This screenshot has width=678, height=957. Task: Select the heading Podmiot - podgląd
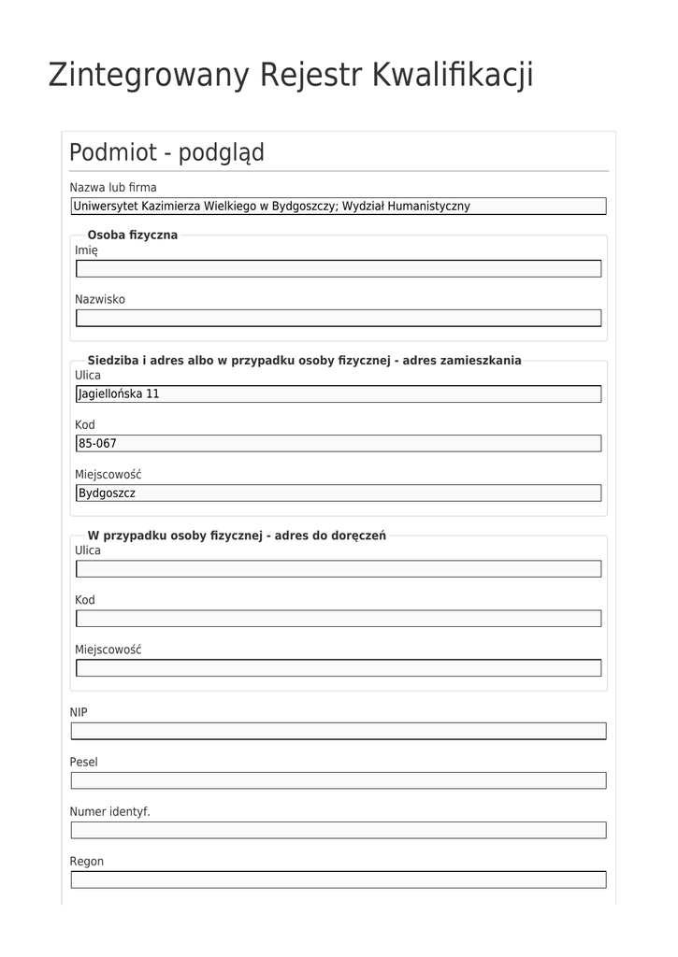166,152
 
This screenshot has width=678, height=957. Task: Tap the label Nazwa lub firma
113,187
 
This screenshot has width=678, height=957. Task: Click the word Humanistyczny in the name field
428,207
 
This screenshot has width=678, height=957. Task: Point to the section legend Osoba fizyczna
132,235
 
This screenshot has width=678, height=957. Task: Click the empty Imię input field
338,269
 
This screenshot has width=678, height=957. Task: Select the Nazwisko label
100,299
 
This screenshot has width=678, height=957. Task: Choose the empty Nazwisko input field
338,318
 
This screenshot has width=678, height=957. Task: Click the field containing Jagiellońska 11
338,393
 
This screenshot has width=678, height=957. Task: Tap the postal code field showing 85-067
338,443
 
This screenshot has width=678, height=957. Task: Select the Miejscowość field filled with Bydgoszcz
338,493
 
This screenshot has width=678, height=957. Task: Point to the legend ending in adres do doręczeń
236,536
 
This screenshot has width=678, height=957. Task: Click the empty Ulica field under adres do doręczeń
338,568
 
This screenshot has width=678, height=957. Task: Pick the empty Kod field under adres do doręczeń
338,618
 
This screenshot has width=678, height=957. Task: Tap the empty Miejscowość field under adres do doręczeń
338,667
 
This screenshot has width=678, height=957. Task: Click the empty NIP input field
338,731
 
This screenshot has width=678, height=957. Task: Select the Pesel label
83,762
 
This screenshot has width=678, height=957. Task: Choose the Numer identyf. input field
338,830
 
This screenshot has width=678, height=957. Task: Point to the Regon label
87,861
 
